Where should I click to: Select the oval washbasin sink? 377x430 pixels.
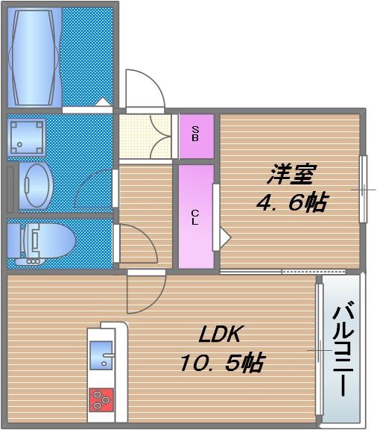[35, 184]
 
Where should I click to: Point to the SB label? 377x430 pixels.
[195, 135]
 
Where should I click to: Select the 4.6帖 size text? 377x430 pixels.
[292, 202]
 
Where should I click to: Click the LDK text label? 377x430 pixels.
[221, 334]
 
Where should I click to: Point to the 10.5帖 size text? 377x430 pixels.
[221, 364]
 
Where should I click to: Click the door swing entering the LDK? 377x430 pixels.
[146, 293]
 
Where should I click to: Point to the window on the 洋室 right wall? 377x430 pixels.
[364, 189]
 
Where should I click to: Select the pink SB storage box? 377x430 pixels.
[196, 136]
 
